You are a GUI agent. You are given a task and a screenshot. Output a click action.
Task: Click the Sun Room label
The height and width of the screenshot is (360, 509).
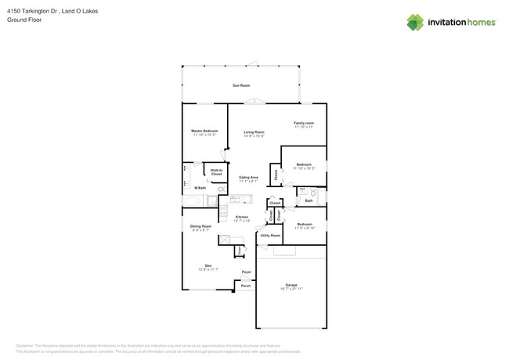click(x=240, y=85)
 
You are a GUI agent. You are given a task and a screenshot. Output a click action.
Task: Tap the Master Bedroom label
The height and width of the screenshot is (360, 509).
click(x=204, y=131)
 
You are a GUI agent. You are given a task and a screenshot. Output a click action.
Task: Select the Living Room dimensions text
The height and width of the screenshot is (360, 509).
click(x=253, y=136)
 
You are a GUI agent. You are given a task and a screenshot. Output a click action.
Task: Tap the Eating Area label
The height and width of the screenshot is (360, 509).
click(x=248, y=178)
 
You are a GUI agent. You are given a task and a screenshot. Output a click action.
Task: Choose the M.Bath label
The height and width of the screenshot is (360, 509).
click(x=200, y=189)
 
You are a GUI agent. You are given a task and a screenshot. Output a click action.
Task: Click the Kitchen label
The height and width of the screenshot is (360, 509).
click(x=242, y=217)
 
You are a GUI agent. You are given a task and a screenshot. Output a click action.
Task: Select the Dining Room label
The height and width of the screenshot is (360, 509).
click(x=200, y=226)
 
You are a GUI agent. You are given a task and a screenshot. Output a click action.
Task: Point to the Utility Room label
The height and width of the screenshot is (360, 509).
click(x=270, y=235)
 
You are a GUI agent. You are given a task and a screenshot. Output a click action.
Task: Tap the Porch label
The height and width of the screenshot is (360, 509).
click(x=245, y=286)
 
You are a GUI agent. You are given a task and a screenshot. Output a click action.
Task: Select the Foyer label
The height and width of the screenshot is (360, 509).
click(x=246, y=272)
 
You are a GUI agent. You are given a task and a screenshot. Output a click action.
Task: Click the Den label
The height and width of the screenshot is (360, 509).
click(x=208, y=265)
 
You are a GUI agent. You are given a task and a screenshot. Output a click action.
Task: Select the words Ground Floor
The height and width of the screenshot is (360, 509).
click(x=24, y=20)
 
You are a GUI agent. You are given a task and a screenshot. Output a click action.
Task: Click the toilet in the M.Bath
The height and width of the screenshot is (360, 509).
click(x=186, y=185)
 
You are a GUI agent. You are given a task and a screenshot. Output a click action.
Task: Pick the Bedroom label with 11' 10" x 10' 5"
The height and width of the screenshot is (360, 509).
click(x=303, y=164)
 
